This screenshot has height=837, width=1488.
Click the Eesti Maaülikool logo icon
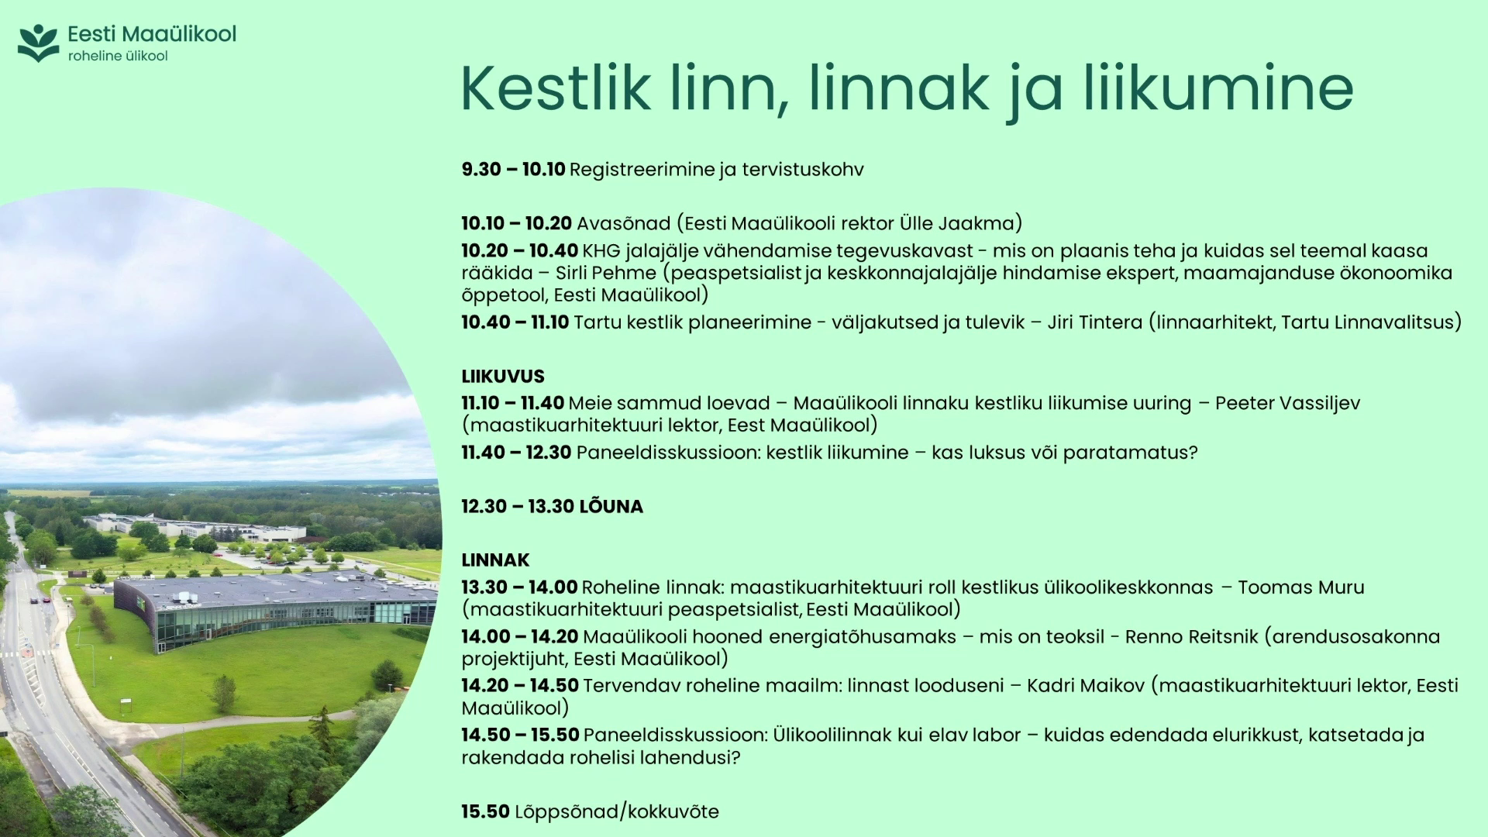pyautogui.click(x=39, y=43)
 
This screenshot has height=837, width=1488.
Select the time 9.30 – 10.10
pyautogui.click(x=513, y=169)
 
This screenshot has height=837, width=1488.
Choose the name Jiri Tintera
pyautogui.click(x=1094, y=322)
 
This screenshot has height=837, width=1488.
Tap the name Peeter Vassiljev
pyautogui.click(x=1287, y=403)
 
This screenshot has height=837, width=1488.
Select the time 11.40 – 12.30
pyautogui.click(x=516, y=452)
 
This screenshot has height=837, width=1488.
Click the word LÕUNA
pyautogui.click(x=611, y=506)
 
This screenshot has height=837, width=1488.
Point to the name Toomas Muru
pyautogui.click(x=1301, y=587)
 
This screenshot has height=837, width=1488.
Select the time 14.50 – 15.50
pyautogui.click(x=520, y=735)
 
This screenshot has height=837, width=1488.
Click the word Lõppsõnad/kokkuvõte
pyautogui.click(x=617, y=811)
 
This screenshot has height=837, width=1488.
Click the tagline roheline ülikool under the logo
pyautogui.click(x=118, y=56)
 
